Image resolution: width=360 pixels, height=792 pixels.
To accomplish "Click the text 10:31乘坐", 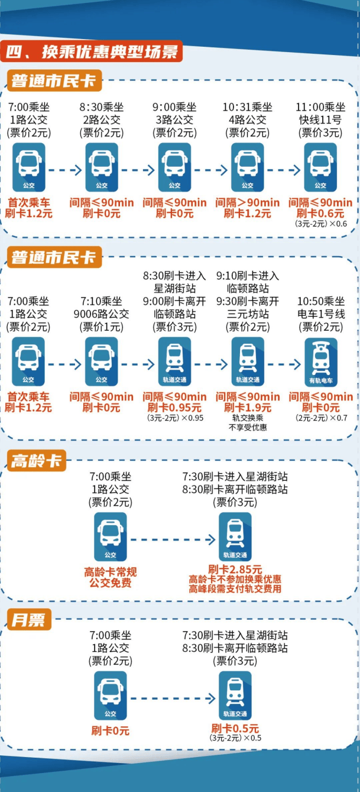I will coord(248,108).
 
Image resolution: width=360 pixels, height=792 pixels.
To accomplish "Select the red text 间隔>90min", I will coord(248,203).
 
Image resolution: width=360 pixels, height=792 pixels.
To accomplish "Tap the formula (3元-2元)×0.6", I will coord(320,224).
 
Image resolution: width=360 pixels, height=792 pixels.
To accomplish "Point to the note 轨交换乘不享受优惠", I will coord(248,422).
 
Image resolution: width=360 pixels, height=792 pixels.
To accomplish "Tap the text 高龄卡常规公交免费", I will coord(111,577).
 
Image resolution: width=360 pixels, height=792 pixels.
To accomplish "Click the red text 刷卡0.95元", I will coord(174,408).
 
